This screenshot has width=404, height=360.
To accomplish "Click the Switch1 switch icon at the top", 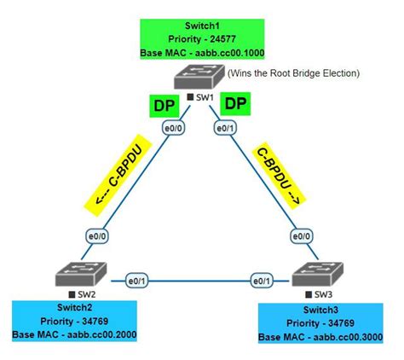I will tap(200, 79).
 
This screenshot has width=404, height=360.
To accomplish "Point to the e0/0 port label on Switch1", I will tap(175, 128).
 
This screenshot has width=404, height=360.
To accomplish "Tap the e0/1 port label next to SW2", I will tap(136, 279).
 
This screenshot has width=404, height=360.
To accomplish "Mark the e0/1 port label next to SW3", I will tap(262, 279).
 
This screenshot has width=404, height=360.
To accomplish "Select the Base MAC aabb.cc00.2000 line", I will tap(75, 334).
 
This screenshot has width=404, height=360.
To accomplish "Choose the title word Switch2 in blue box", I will tap(75, 308).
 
